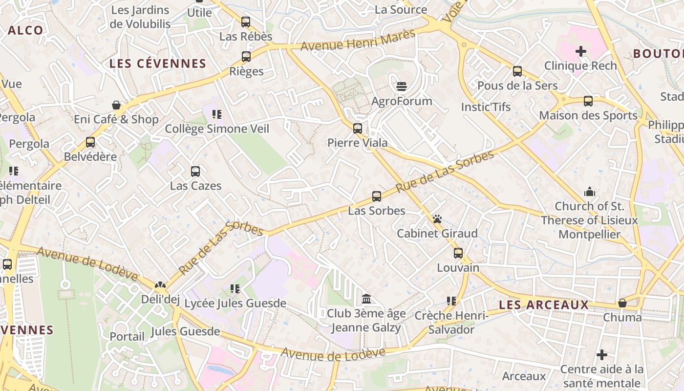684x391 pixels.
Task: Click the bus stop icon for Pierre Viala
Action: (358, 129)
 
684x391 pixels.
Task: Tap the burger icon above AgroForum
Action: (402, 87)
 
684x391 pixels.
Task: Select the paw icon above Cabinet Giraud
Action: (437, 219)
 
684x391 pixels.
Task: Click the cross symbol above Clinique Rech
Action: (580, 51)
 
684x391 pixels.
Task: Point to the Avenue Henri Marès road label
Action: (358, 40)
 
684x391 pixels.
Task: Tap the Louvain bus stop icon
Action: (458, 253)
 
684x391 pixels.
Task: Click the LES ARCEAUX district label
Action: (544, 305)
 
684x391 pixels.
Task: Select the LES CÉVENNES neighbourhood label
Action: (158, 64)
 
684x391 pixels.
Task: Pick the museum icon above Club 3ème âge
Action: (366, 299)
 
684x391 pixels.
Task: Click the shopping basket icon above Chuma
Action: (622, 303)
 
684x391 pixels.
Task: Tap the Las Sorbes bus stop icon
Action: (376, 196)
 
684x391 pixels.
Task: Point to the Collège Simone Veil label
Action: (217, 129)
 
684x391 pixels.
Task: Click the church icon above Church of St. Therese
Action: (589, 192)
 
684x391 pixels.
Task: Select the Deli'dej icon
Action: (160, 285)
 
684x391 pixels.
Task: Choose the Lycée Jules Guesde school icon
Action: (235, 289)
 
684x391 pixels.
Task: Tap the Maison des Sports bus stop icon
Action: (588, 101)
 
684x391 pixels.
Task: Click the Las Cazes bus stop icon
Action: (195, 172)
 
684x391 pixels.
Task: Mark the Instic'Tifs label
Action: (486, 107)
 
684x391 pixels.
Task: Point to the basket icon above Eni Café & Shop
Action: (116, 105)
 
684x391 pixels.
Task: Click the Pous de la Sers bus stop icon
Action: (517, 71)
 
